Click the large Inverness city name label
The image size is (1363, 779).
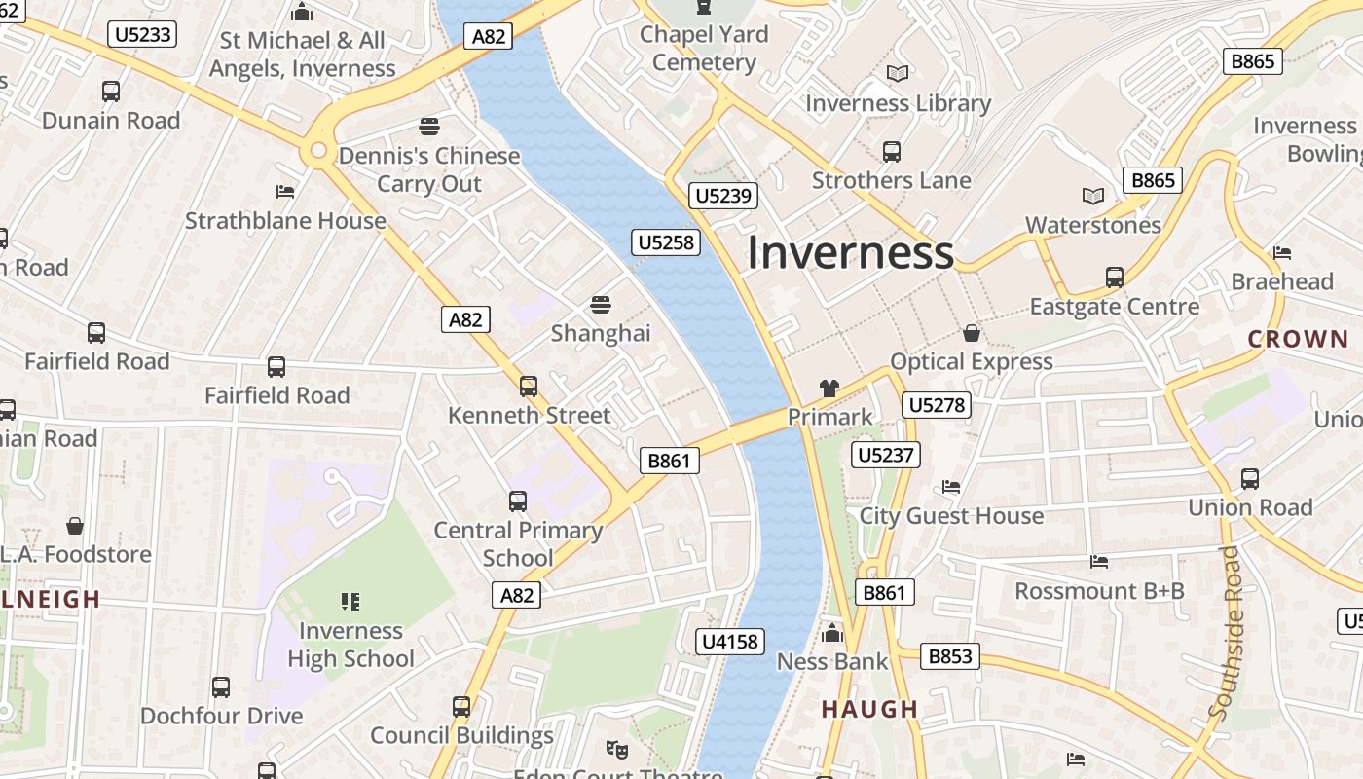click(850, 252)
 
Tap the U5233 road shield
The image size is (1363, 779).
click(143, 35)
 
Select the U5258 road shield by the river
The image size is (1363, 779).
click(667, 242)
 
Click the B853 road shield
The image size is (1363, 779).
click(950, 656)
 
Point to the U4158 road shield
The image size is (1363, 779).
click(731, 641)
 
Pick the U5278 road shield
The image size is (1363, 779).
click(937, 404)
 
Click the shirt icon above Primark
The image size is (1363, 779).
click(829, 389)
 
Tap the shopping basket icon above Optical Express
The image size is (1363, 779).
click(971, 334)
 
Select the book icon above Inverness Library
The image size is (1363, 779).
click(898, 74)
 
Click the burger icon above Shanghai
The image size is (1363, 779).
click(601, 304)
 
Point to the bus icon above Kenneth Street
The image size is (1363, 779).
click(529, 387)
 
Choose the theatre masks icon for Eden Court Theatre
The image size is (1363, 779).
click(616, 750)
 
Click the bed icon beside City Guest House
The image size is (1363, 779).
click(951, 487)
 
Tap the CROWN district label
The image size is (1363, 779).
click(1298, 340)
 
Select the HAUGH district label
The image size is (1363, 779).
click(869, 709)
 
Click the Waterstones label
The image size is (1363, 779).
click(1093, 225)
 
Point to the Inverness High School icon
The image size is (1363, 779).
click(350, 602)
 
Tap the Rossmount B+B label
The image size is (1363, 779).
click(1099, 591)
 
